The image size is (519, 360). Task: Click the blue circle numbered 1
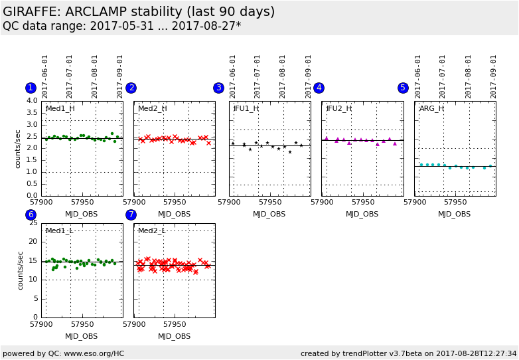click(31, 88)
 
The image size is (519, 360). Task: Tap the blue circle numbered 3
click(218, 88)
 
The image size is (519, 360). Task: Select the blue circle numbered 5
click(403, 88)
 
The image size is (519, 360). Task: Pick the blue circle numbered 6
click(31, 215)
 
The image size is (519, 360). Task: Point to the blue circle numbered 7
click(131, 215)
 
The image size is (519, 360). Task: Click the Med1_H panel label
click(60, 108)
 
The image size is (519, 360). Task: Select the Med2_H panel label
click(152, 108)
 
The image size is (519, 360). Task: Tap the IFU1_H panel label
click(246, 108)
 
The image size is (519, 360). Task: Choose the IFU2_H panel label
click(338, 108)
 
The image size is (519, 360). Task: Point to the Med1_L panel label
click(59, 230)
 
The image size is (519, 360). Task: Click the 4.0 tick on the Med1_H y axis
click(32, 101)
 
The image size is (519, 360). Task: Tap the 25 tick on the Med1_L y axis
click(33, 223)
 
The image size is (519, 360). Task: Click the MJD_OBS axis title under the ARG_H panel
click(454, 215)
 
